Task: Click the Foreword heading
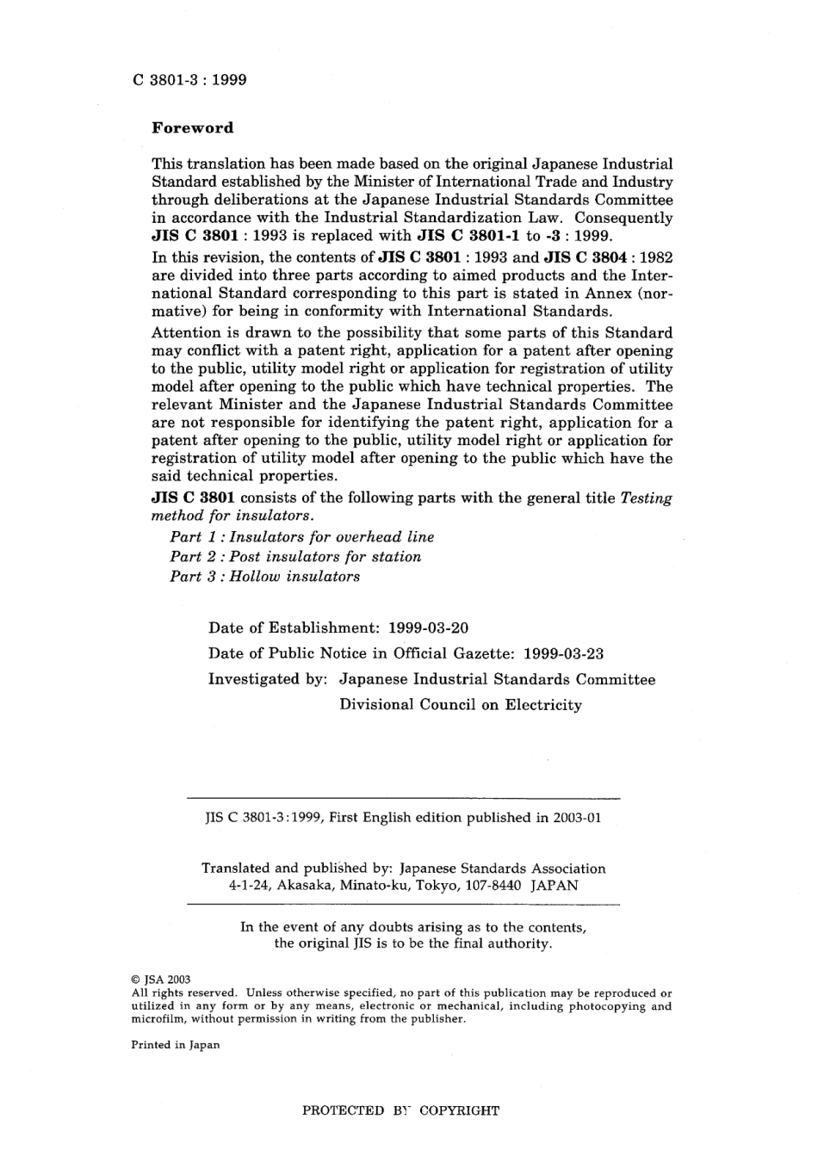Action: (192, 128)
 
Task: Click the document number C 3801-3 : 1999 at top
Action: (189, 80)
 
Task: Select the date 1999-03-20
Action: (429, 628)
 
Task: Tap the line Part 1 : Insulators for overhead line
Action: (302, 537)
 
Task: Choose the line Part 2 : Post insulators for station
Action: (295, 557)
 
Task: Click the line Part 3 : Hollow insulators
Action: (265, 577)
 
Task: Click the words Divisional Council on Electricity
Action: (461, 705)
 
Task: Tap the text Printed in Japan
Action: (176, 1045)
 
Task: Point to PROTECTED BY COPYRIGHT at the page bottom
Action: (400, 1110)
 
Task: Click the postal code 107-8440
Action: (493, 885)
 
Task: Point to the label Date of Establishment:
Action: (294, 628)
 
